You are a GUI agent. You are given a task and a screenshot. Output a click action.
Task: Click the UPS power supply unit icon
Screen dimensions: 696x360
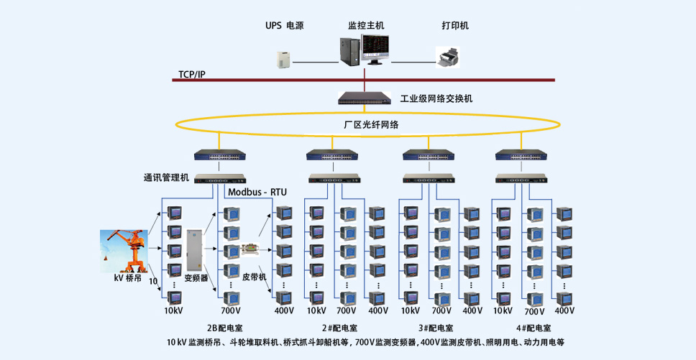(x=283, y=60)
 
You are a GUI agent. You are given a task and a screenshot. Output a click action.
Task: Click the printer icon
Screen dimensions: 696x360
(x=447, y=57)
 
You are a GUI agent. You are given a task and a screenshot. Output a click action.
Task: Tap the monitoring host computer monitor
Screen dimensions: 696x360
(x=375, y=49)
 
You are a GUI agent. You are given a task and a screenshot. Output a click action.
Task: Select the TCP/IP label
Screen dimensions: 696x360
(x=192, y=74)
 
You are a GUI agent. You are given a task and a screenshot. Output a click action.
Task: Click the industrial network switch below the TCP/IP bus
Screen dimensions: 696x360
(x=365, y=98)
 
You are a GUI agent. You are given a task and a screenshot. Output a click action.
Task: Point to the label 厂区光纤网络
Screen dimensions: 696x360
(x=372, y=125)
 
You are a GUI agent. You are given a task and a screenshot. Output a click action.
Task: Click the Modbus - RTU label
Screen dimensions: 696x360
(x=257, y=192)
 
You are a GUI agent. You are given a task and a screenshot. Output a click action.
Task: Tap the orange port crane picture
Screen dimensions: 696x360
(x=124, y=251)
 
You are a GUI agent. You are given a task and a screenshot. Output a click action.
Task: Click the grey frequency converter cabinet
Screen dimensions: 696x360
(x=195, y=250)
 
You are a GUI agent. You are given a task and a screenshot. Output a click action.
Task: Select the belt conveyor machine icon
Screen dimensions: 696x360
(x=252, y=249)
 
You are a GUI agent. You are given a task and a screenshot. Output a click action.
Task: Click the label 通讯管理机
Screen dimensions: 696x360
(x=167, y=177)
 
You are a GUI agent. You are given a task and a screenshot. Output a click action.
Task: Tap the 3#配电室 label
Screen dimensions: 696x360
(x=436, y=328)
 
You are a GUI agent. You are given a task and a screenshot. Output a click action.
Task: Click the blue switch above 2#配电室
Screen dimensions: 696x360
(x=332, y=154)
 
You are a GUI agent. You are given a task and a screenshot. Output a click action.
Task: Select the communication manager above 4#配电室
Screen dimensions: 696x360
(x=521, y=178)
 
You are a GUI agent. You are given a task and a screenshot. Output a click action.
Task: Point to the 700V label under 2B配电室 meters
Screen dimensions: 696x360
(x=231, y=310)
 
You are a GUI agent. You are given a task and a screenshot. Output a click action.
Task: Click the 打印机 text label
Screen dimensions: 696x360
(x=455, y=26)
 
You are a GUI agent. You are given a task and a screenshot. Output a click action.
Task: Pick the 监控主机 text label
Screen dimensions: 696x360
(x=366, y=26)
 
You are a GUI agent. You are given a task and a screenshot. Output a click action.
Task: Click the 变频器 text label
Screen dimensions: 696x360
(x=196, y=278)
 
